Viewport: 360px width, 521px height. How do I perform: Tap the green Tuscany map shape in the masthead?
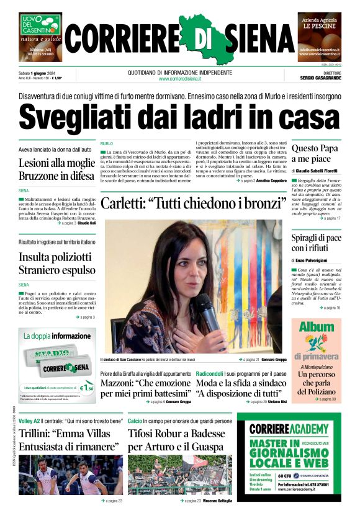click(192, 38)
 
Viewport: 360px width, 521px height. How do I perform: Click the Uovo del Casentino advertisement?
click(40, 37)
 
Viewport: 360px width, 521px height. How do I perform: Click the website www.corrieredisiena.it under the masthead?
click(180, 79)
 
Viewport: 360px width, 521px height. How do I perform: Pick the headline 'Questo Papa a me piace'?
click(315, 154)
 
